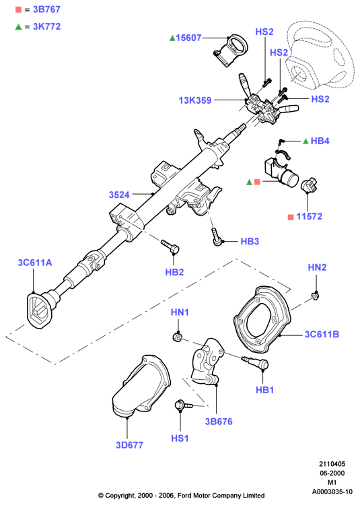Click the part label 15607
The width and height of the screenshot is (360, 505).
click(x=188, y=38)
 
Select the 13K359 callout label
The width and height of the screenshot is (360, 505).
click(x=195, y=100)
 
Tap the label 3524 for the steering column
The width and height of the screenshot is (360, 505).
click(x=119, y=195)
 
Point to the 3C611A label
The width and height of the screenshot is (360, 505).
click(x=35, y=263)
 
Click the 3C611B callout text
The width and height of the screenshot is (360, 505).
click(x=322, y=334)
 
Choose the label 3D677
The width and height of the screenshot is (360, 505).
click(x=129, y=445)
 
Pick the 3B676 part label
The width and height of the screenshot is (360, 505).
click(x=219, y=422)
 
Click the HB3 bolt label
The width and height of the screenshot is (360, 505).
click(x=250, y=241)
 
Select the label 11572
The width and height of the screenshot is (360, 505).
click(x=309, y=216)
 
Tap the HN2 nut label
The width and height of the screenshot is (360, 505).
click(x=317, y=267)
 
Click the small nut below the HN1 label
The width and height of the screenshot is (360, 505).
click(x=177, y=337)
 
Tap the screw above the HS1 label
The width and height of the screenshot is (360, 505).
click(x=183, y=405)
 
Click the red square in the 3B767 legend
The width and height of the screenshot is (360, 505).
click(x=18, y=9)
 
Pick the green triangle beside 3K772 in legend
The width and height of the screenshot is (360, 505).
click(x=18, y=27)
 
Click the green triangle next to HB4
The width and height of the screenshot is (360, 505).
click(x=305, y=141)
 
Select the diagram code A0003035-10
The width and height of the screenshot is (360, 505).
click(x=332, y=492)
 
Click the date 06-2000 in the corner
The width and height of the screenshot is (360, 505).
click(x=332, y=473)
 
